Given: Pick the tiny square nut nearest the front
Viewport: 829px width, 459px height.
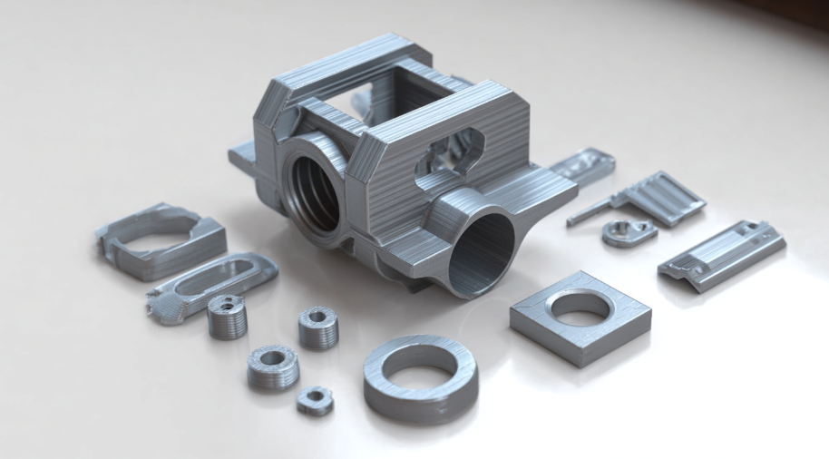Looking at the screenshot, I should tap(315, 400).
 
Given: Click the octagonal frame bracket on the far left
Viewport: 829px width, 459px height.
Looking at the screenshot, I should tap(160, 241).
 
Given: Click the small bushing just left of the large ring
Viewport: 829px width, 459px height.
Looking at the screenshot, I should tap(318, 327).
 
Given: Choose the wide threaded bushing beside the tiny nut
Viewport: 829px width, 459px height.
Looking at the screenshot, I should tap(271, 366).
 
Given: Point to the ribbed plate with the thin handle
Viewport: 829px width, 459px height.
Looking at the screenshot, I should tap(662, 197).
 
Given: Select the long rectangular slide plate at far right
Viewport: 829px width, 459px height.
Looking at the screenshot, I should tap(722, 254).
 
